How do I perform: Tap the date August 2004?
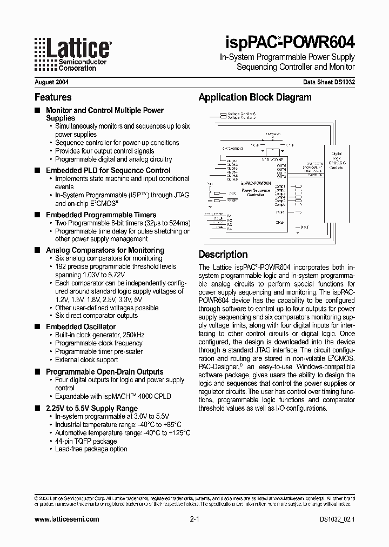click(x=51, y=83)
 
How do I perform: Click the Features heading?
click(x=53, y=97)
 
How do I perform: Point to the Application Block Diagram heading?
click(x=254, y=97)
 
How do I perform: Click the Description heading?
click(x=223, y=254)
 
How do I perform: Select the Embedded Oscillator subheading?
click(x=81, y=326)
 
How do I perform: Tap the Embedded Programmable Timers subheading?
click(x=101, y=215)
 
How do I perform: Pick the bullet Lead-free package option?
click(x=91, y=449)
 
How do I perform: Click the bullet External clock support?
click(x=86, y=359)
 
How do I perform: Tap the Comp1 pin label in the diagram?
click(x=280, y=185)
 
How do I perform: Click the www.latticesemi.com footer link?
click(x=66, y=519)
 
